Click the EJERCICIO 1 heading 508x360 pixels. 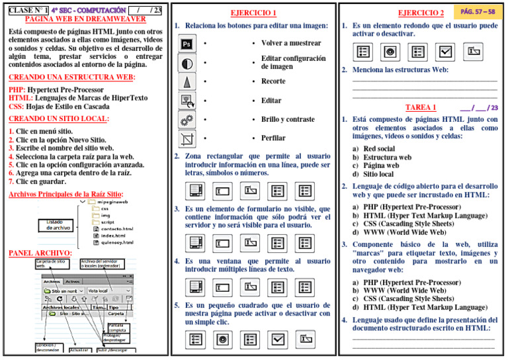click(253, 13)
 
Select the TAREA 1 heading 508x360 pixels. click(420, 107)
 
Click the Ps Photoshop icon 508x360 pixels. click(187, 44)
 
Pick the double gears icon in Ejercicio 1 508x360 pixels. click(187, 120)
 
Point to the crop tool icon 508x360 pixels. click(187, 138)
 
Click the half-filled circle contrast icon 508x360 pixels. click(187, 63)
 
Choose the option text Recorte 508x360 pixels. click(273, 81)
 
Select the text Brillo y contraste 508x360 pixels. click(288, 119)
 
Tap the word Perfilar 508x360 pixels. click(273, 138)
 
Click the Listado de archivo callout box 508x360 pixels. click(58, 224)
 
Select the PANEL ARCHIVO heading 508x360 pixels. click(40, 253)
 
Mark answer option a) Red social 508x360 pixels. click(373, 149)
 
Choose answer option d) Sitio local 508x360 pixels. click(373, 175)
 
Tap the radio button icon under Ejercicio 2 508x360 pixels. click(390, 51)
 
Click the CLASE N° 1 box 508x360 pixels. click(27, 10)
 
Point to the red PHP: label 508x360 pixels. click(17, 89)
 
